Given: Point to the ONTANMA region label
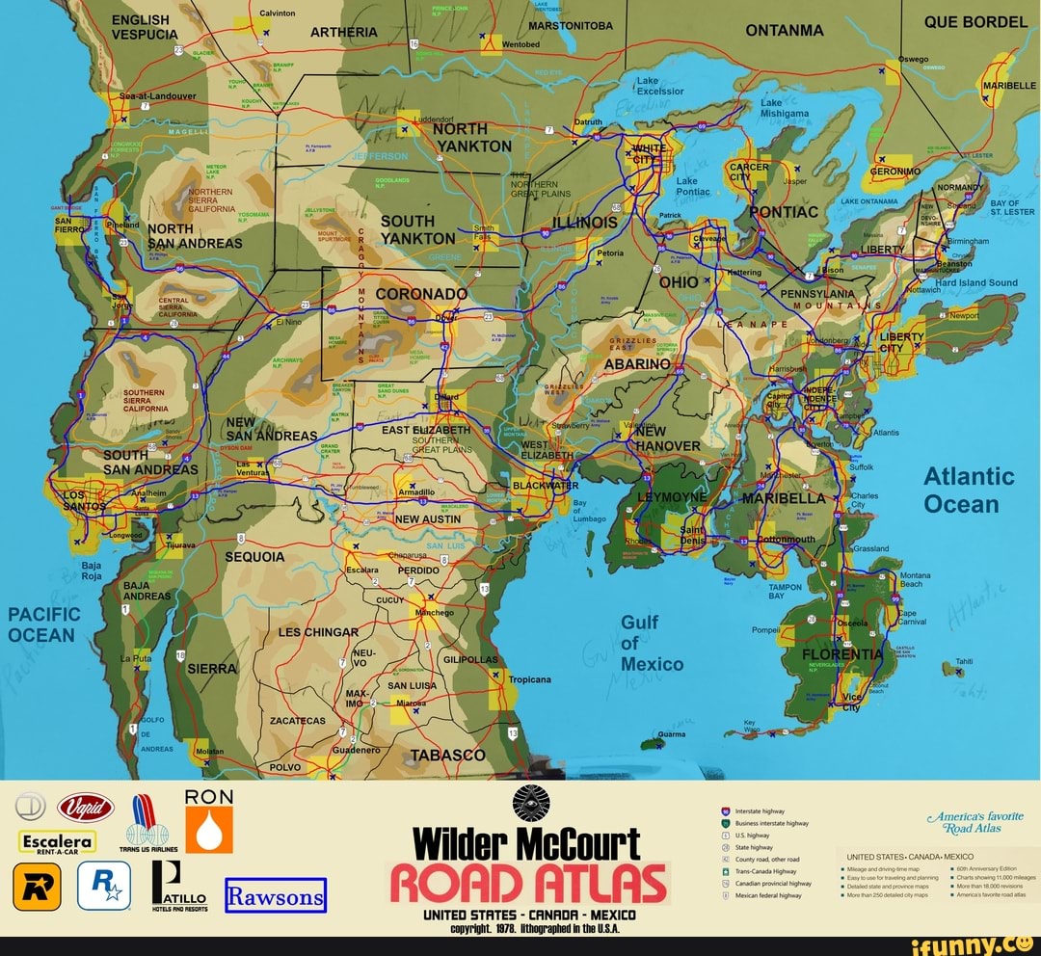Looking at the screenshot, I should tap(785, 30).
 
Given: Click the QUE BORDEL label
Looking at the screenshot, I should tap(974, 22).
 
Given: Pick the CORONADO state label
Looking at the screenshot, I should tap(421, 294).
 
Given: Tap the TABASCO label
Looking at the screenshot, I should tap(448, 755).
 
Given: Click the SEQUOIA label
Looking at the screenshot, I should tap(254, 557).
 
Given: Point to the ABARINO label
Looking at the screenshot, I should tap(636, 364).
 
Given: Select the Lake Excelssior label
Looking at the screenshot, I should tap(659, 86).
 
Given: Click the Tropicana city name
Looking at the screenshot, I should tap(529, 679).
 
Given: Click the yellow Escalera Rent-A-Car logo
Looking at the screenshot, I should tap(57, 843).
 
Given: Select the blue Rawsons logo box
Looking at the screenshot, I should tap(276, 895).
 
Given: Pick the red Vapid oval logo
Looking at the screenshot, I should tap(86, 808).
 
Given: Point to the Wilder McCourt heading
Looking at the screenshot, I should tap(526, 843).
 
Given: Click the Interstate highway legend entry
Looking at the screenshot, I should tap(759, 812).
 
